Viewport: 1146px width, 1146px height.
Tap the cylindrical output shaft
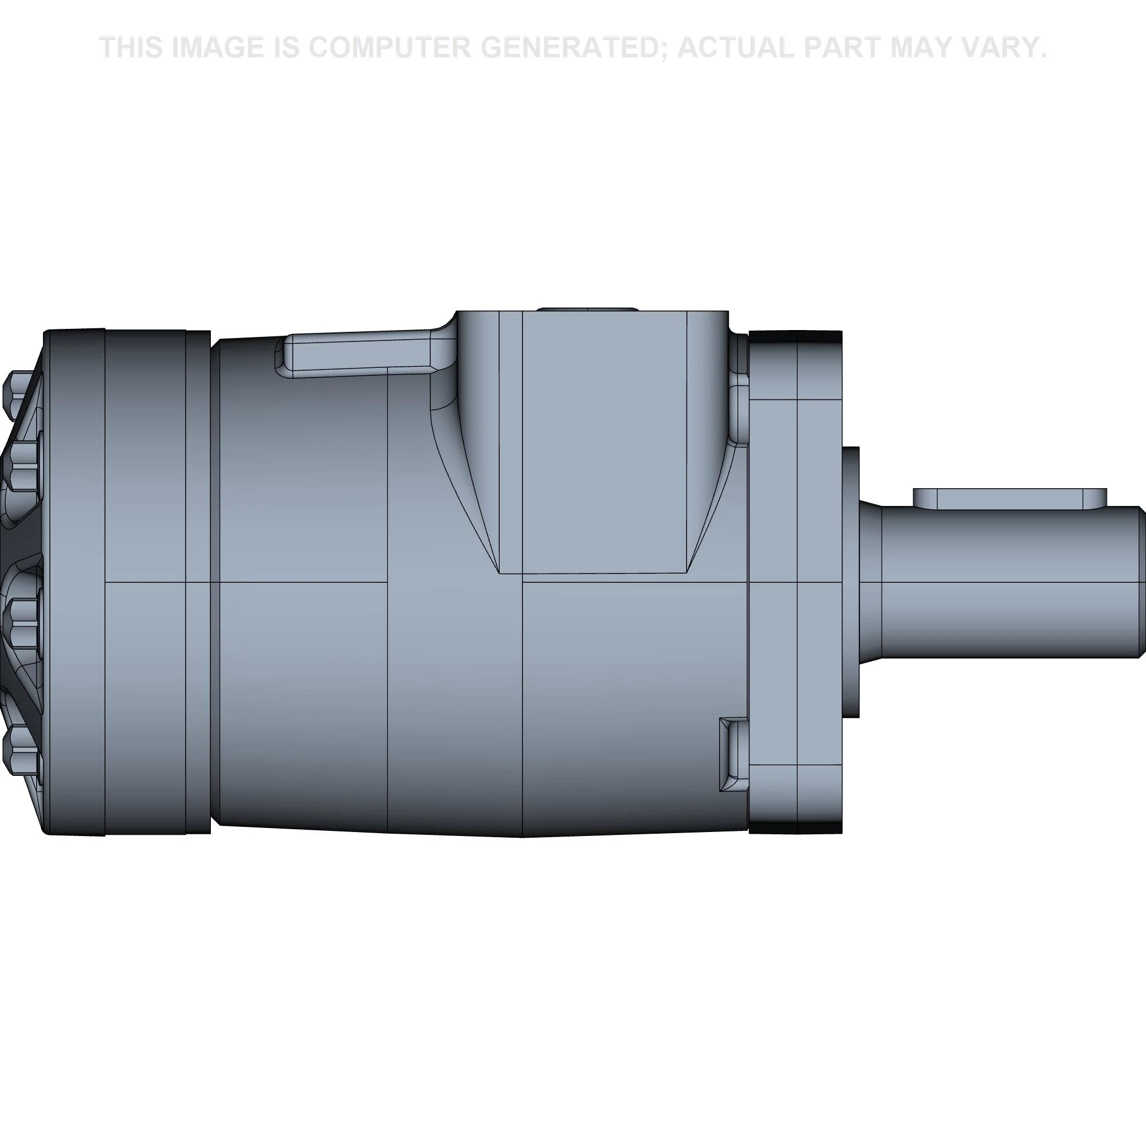pyautogui.click(x=1008, y=581)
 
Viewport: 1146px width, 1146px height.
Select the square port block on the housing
pyautogui.click(x=604, y=442)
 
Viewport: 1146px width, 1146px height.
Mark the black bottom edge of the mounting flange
pyautogui.click(x=795, y=827)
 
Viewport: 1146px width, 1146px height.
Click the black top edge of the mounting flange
pyautogui.click(x=795, y=336)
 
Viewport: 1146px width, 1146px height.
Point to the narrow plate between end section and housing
pyautogui.click(x=198, y=581)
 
